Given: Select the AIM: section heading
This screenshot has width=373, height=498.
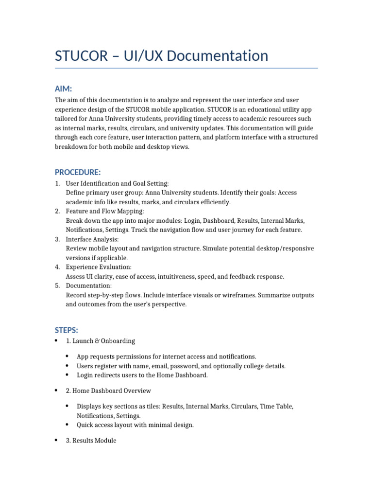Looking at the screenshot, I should point(63,89).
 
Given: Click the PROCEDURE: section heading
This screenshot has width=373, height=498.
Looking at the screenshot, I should point(78,172).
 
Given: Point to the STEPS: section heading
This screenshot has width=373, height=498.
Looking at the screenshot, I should point(66,330).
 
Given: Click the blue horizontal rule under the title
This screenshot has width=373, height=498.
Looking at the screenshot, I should point(186,68).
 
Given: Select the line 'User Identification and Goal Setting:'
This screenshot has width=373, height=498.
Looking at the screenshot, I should point(117,183).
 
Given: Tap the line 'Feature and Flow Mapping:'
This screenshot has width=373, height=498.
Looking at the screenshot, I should point(105,211).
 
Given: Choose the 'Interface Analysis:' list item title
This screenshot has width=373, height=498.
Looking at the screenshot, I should point(92,239).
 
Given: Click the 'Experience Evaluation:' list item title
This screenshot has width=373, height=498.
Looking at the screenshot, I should point(99,267).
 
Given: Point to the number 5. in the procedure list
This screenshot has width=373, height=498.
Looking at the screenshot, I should point(57,285).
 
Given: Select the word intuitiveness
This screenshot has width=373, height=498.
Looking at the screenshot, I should point(176,276).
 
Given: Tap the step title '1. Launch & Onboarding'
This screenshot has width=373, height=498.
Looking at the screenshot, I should point(101,341).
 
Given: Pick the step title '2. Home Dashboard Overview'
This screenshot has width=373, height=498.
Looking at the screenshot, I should point(108,391).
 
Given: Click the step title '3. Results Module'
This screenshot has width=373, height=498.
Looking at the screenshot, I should point(91,441).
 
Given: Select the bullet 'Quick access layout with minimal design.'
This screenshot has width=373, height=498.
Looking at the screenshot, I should point(135,425).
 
